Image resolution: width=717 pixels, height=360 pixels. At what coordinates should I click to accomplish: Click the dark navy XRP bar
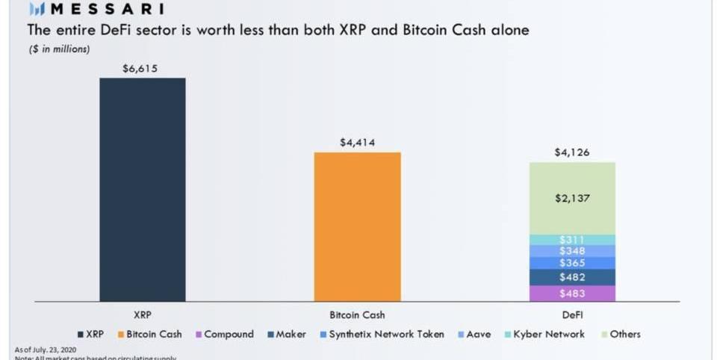(x=142, y=190)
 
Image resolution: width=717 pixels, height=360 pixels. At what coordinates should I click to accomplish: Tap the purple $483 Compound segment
(x=572, y=294)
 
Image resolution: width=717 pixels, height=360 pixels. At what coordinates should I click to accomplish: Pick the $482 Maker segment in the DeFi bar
(x=572, y=277)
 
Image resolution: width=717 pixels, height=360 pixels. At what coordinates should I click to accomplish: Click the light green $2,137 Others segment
(x=572, y=198)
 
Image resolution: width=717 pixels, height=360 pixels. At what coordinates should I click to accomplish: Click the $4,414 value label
(x=357, y=142)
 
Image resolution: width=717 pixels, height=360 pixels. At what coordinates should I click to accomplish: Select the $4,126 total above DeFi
(x=572, y=152)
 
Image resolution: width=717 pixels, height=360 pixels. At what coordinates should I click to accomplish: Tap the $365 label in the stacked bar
(x=572, y=263)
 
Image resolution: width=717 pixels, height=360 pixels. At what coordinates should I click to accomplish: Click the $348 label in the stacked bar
(x=572, y=251)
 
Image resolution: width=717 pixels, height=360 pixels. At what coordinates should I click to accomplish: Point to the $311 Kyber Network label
(x=572, y=240)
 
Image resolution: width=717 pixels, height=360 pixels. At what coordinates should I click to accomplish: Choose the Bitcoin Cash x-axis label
(x=357, y=315)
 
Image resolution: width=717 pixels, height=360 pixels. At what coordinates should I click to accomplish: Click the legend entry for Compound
(x=224, y=335)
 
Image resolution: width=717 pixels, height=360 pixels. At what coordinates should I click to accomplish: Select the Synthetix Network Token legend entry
(x=381, y=335)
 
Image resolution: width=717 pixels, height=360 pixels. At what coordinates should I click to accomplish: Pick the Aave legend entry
(x=474, y=335)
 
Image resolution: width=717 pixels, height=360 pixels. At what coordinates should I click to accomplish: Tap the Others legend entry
(x=620, y=335)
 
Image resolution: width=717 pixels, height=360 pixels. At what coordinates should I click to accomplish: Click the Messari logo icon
(x=37, y=9)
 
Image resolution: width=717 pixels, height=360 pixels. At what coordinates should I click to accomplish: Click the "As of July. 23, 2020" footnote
(x=46, y=350)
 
